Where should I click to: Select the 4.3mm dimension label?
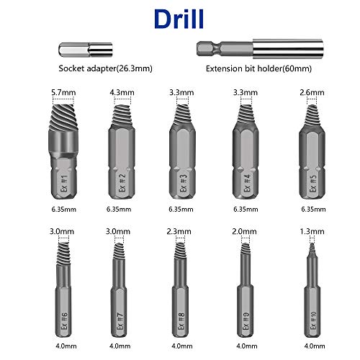pyautogui.click(x=118, y=93)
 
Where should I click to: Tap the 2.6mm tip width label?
pyautogui.click(x=310, y=93)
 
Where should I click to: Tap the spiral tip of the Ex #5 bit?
pyautogui.click(x=310, y=114)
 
